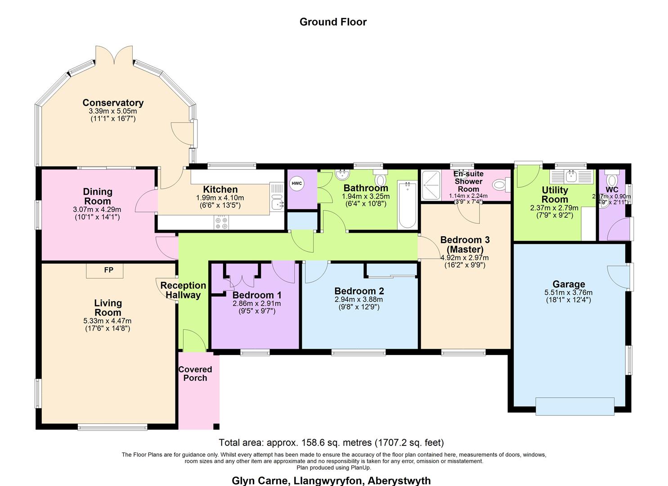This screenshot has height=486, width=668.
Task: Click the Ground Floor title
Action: tap(333, 22)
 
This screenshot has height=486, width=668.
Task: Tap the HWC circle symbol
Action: tap(296, 184)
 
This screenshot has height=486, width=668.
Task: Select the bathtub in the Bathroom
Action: tap(407, 205)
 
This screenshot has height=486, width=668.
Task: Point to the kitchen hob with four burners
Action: tap(221, 222)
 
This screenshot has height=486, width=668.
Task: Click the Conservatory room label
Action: tap(113, 103)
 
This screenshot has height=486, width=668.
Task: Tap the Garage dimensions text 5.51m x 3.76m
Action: tap(568, 292)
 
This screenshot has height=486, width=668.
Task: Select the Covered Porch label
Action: tap(195, 373)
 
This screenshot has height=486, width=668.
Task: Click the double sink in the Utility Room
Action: tap(571, 175)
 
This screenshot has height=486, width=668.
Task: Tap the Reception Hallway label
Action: tap(183, 290)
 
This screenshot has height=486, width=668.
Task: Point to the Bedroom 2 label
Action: tap(359, 291)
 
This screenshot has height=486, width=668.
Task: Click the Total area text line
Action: tap(331, 442)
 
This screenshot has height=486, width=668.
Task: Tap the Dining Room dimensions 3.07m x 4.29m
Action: tap(97, 209)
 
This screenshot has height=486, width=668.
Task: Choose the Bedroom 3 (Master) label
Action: tap(465, 244)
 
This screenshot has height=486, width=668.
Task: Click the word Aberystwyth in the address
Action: tap(399, 480)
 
